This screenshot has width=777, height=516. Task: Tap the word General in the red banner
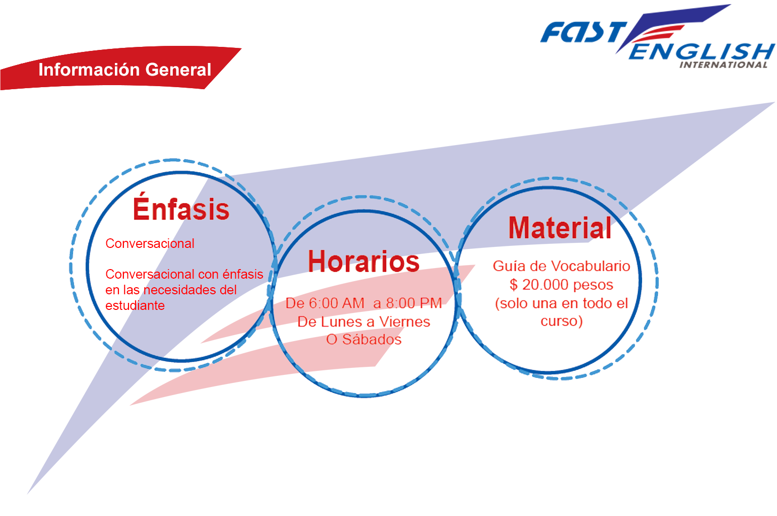pos(178,70)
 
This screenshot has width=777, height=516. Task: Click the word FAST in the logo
pos(584,32)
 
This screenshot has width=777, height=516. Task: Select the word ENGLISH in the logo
pos(702,51)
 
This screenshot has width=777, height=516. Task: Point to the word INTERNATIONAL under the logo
pos(723,65)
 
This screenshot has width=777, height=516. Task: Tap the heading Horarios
pos(364,261)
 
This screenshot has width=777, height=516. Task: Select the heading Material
pos(559,227)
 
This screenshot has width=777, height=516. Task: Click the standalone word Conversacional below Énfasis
pos(150,243)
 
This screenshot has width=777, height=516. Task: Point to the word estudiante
pos(135,305)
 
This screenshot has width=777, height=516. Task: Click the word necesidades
pos(190,290)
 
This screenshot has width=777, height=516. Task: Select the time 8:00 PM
pos(414,303)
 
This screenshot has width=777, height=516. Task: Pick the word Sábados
pos(372,339)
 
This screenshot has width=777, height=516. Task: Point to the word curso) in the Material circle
pos(562,321)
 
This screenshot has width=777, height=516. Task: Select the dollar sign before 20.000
pos(514,285)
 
